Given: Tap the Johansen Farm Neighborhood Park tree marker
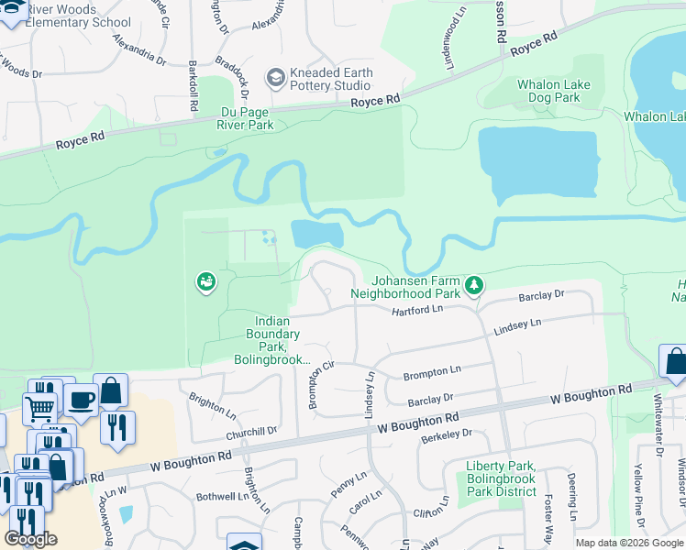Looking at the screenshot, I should click(x=474, y=286).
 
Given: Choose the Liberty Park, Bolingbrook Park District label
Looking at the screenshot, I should click(x=501, y=478).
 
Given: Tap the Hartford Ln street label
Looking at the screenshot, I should click(x=417, y=311).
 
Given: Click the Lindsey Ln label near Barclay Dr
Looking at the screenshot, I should click(x=371, y=395).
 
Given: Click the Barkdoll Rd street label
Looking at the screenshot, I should click(x=194, y=86).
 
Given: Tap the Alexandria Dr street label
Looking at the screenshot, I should click(x=139, y=50).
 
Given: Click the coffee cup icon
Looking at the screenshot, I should click(x=80, y=401).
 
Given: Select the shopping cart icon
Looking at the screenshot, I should click(x=39, y=407).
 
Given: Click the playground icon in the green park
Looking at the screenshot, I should click(x=206, y=281).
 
